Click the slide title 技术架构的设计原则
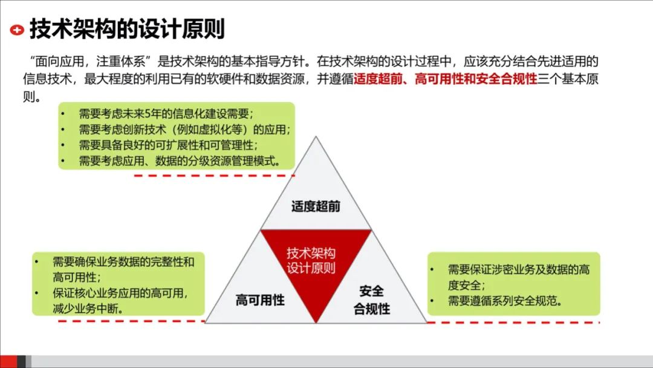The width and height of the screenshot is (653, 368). pos(127,28)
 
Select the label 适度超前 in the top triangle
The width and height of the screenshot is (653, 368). pos(316,206)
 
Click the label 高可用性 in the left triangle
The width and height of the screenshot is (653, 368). pos(260,300)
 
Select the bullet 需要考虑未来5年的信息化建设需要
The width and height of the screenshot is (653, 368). pos(166,114)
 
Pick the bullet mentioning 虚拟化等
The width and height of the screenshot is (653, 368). pos(184,130)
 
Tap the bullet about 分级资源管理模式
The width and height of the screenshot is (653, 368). pos(179,161)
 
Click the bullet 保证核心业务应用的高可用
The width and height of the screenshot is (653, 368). pos(120,301)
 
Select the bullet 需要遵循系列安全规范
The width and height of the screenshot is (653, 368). pos(505,301)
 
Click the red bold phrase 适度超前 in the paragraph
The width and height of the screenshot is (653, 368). pos(378,79)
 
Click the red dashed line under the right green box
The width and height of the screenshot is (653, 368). pos(514,322)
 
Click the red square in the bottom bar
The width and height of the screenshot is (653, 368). pos(8,361)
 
